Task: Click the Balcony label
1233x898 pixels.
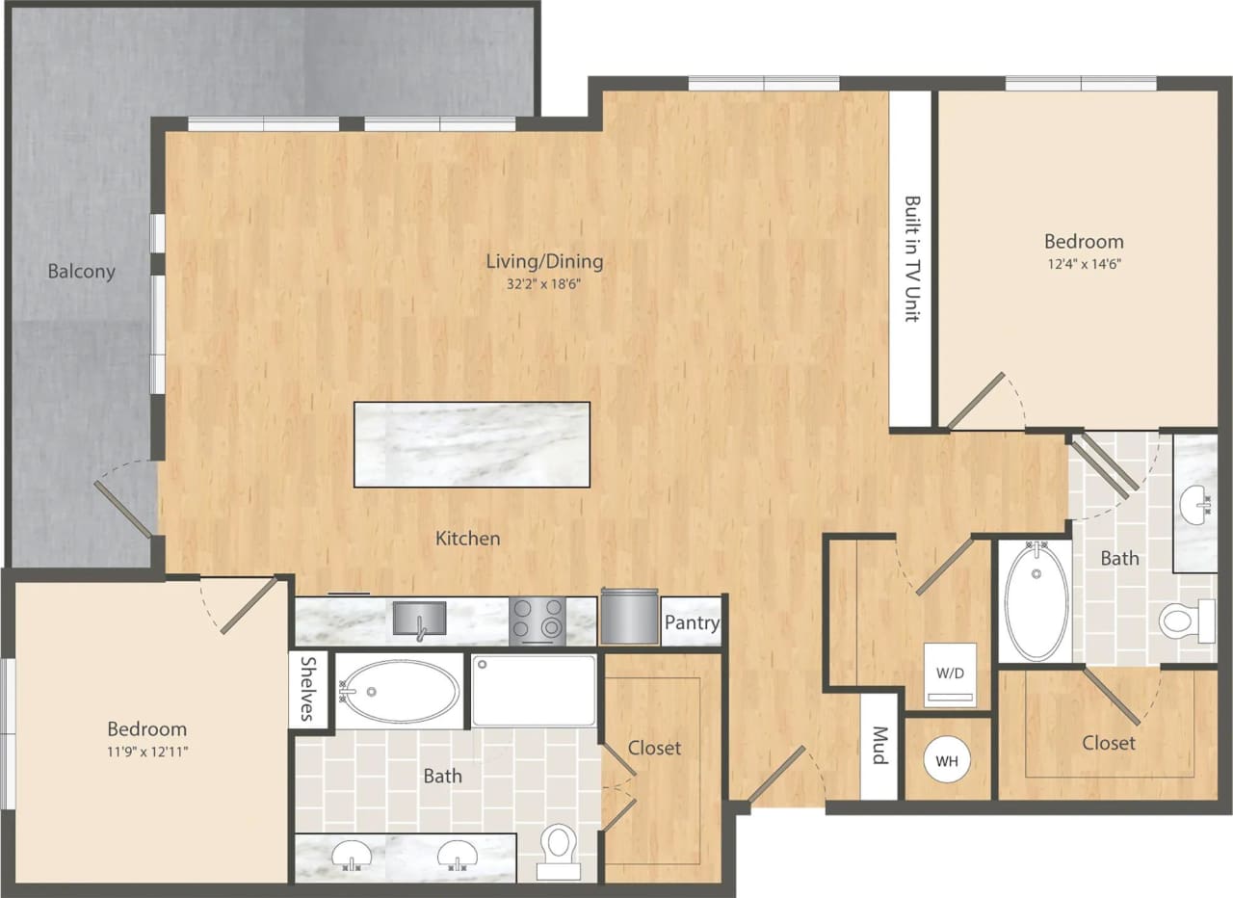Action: point(82,272)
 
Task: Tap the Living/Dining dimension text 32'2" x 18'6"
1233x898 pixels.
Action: point(544,284)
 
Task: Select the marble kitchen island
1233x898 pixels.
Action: point(472,444)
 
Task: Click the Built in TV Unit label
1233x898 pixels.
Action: point(910,259)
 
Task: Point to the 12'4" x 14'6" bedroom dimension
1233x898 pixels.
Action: point(1084,262)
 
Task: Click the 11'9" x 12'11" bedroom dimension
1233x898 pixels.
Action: point(146,751)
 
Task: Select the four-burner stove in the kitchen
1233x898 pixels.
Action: point(537,621)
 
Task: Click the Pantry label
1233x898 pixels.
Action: point(692,622)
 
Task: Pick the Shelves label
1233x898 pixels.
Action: point(308,689)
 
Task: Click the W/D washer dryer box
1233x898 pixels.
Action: point(950,674)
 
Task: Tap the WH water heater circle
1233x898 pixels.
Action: point(947,760)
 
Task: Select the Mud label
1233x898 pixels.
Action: point(879,745)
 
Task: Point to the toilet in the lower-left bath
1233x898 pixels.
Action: point(558,849)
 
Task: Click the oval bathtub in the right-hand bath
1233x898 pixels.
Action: point(1036,601)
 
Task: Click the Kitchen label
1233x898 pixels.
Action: point(468,539)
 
